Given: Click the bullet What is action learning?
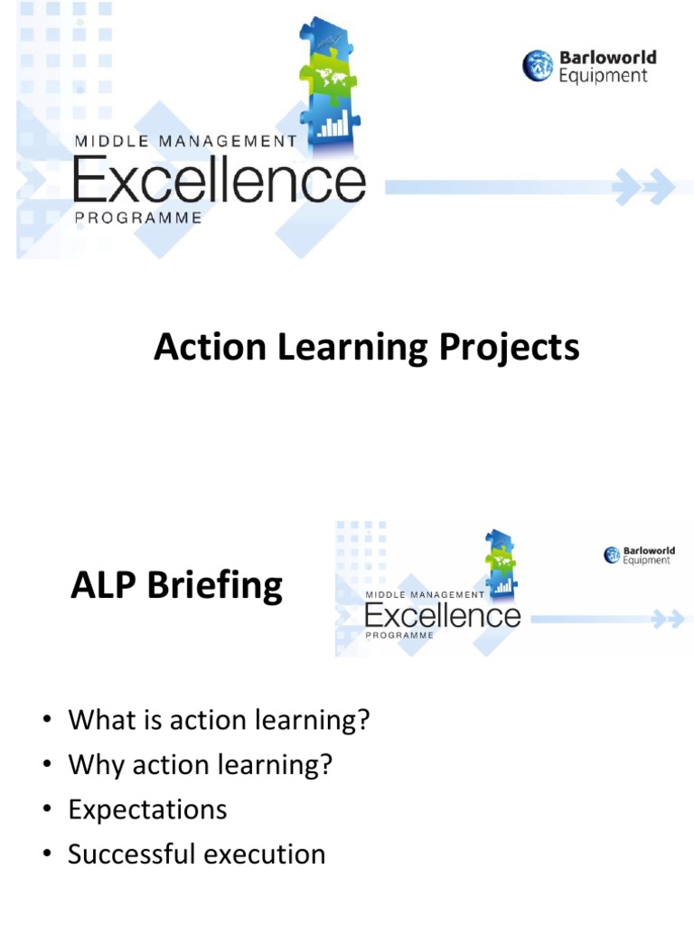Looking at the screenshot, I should pos(220,721).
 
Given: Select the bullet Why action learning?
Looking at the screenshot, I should pos(201,765).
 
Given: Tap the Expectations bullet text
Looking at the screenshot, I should pos(147,808).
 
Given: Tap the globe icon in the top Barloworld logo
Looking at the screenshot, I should pos(538,66).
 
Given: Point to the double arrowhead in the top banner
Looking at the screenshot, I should pos(643,187).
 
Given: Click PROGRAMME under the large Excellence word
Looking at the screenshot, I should pos(137,218).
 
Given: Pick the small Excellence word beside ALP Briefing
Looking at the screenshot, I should pos(442,616).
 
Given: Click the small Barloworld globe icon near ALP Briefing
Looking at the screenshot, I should pos(613,555).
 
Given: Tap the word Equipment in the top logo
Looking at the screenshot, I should pos(603,76).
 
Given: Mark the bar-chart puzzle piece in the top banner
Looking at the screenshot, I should pos(333,123).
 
